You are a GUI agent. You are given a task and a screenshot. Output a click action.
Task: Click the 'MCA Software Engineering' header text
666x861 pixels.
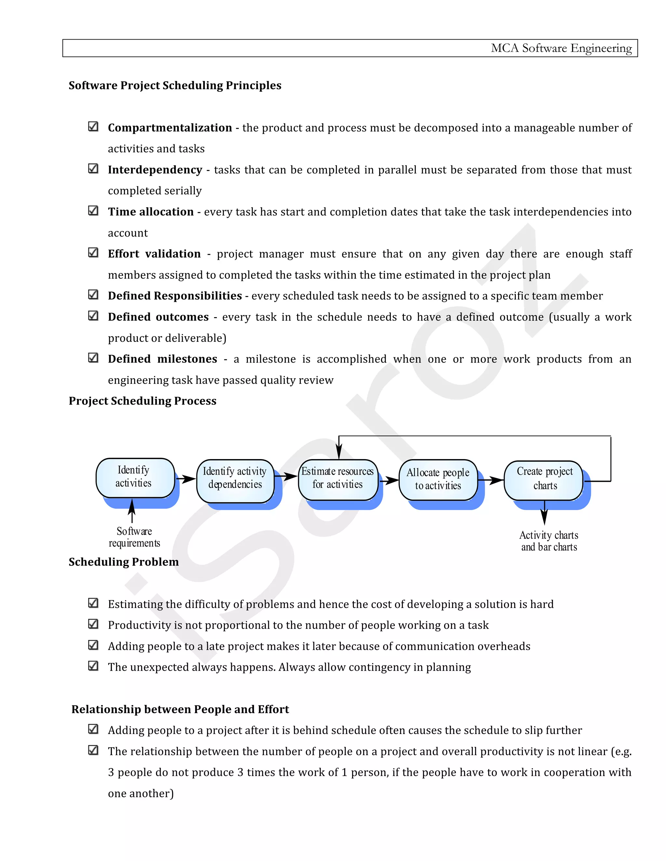(x=561, y=48)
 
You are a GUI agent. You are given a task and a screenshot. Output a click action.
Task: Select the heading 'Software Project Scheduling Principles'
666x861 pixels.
(x=175, y=85)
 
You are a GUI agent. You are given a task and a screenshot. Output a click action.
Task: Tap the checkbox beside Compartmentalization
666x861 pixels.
(x=93, y=126)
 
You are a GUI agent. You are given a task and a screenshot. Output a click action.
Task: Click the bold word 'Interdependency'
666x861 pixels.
(x=155, y=170)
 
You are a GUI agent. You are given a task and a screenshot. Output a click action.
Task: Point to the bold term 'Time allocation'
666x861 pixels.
(x=151, y=212)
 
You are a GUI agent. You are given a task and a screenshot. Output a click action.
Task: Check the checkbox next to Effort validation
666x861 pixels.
(x=93, y=252)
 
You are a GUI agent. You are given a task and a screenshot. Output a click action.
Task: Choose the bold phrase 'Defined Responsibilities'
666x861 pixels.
(x=175, y=296)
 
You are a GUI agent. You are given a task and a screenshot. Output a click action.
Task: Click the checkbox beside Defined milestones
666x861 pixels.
(x=93, y=358)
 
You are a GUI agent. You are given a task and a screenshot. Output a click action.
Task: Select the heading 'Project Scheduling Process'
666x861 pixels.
(x=142, y=401)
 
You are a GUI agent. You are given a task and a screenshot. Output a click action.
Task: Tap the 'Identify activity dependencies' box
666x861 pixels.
(x=235, y=480)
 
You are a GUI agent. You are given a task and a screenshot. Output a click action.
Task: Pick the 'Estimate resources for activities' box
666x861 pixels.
(x=338, y=479)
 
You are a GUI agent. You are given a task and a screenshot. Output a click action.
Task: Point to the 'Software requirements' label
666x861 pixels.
(x=134, y=537)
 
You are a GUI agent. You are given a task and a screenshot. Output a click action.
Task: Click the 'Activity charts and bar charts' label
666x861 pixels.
(x=549, y=541)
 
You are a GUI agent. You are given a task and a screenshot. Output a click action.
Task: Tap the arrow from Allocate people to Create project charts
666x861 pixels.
(x=490, y=480)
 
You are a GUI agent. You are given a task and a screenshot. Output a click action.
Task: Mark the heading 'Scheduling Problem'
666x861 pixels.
(x=124, y=562)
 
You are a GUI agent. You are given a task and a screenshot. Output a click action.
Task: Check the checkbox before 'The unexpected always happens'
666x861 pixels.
(x=93, y=665)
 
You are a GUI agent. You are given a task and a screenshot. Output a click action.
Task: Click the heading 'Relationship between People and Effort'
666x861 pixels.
(x=180, y=709)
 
